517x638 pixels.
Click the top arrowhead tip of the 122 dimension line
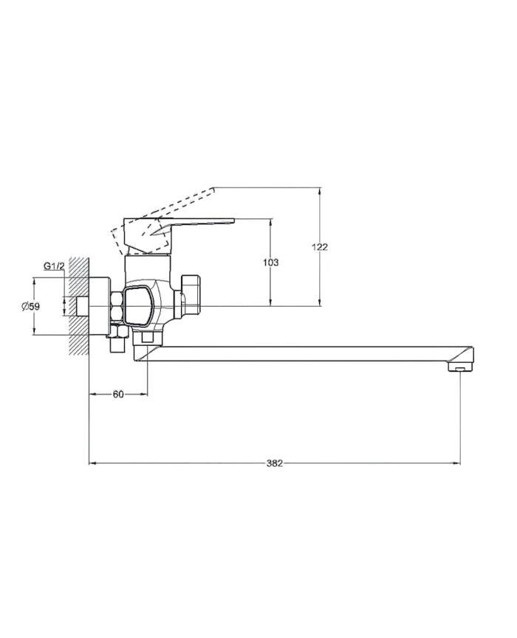(320, 187)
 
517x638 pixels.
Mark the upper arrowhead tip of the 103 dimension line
(270, 219)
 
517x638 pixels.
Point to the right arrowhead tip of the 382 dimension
(460, 463)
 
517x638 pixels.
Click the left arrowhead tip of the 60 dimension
(89, 394)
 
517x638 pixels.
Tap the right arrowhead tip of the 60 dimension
(148, 394)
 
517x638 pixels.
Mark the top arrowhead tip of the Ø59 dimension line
(34, 278)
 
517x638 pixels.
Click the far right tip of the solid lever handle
(235, 220)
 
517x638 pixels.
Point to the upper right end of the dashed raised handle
(213, 188)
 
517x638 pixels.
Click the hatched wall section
(80, 306)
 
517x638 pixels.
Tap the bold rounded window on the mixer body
(139, 306)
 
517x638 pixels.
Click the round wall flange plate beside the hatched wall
(100, 306)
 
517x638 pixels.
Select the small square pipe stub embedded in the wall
(83, 306)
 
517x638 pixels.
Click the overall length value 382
(275, 463)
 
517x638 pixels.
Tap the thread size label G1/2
(54, 266)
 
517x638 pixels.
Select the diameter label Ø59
(31, 306)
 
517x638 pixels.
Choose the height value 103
(271, 263)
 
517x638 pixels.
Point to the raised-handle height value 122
(320, 246)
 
